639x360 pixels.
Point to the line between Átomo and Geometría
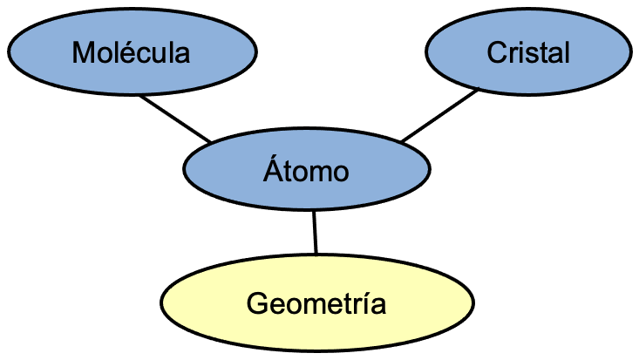pos(315,233)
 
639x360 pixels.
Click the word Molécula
pos(132,53)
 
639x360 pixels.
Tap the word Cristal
pos(528,53)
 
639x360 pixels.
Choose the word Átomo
pos(306,172)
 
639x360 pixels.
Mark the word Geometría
pos(316,304)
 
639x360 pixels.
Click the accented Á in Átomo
pos(272,170)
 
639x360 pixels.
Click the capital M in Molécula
pos(83,53)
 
